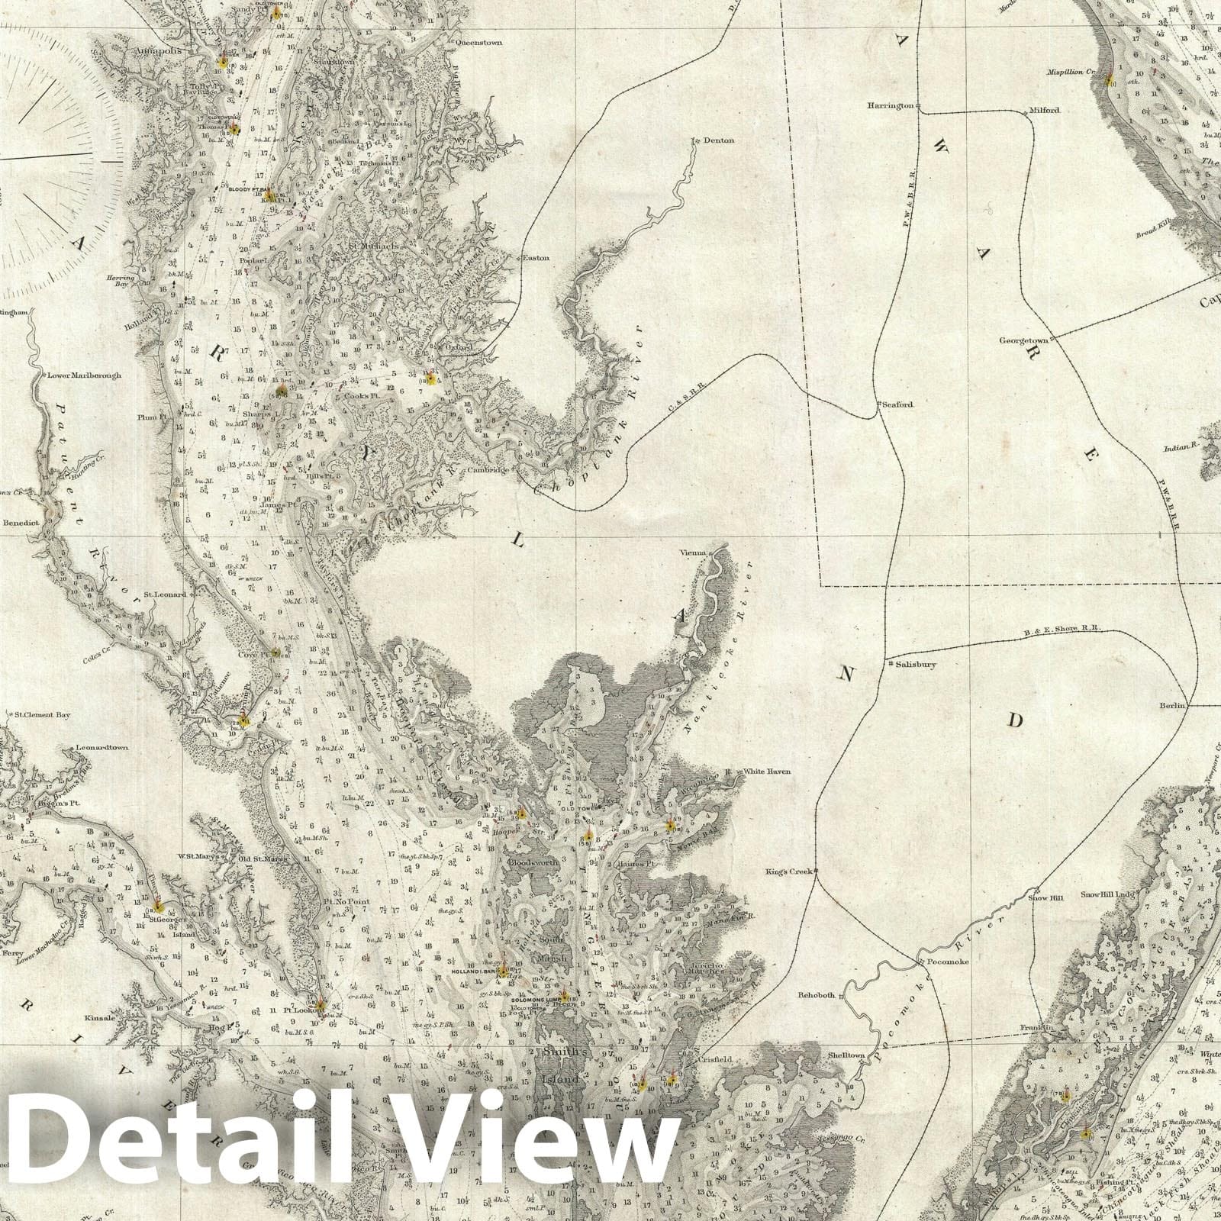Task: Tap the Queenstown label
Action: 478,43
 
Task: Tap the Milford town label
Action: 1045,110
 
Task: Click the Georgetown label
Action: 1023,340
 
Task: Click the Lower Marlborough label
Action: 84,375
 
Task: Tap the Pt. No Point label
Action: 346,901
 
